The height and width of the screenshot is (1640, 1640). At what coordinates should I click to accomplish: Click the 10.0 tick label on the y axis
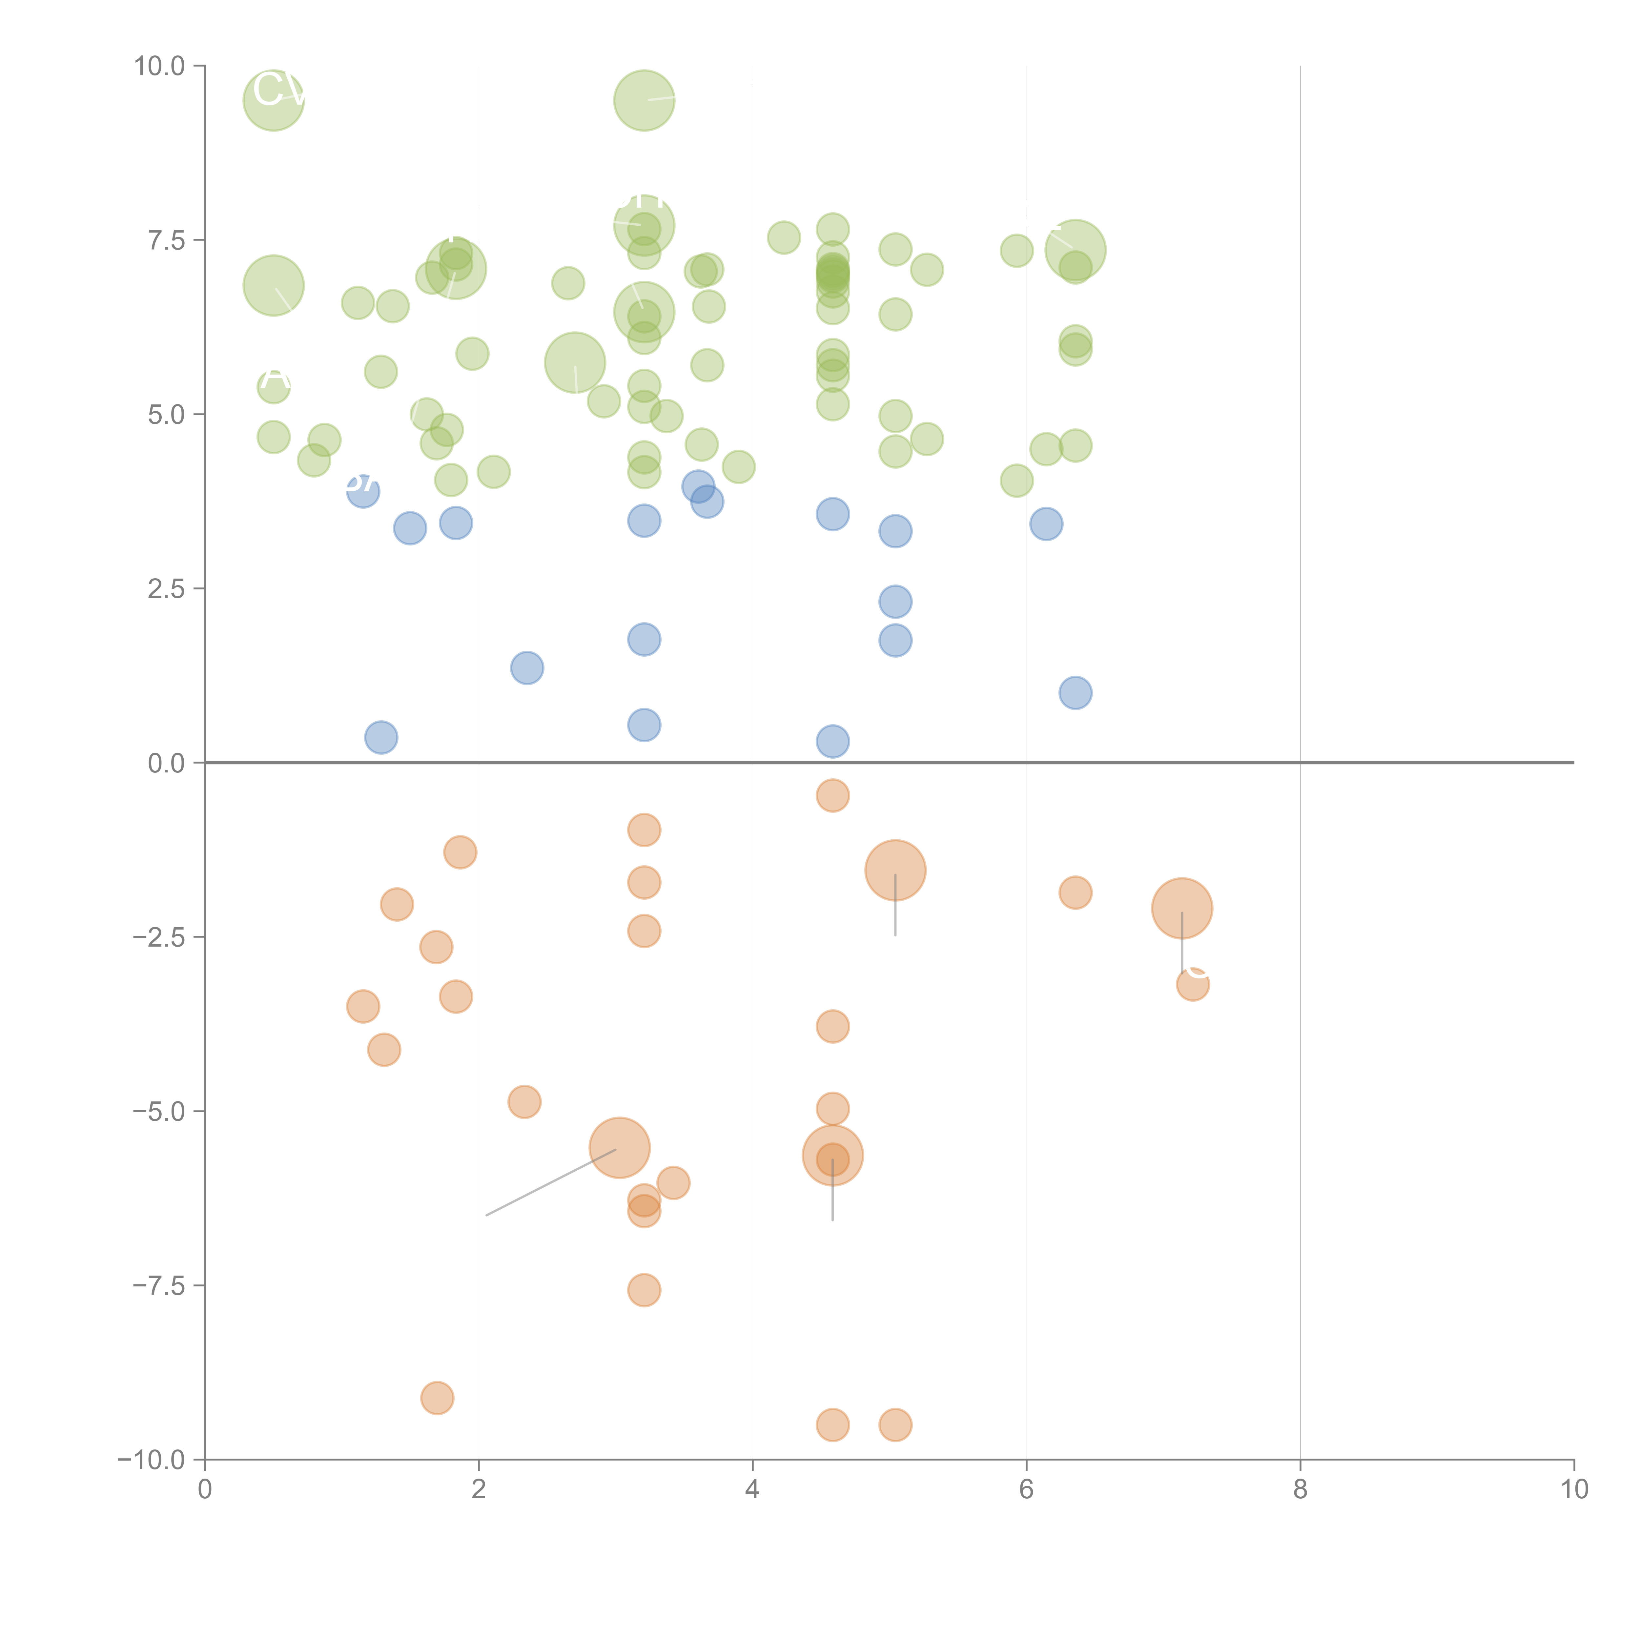point(160,66)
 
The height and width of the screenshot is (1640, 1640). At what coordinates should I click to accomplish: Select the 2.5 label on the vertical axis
point(166,589)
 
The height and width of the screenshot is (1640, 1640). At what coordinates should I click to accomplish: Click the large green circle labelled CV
point(273,100)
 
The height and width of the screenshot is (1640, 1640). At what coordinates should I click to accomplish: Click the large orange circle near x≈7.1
point(1181,908)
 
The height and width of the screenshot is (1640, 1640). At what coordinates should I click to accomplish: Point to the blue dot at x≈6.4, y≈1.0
point(1076,693)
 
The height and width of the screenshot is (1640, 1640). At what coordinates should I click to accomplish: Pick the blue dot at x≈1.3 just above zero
point(381,737)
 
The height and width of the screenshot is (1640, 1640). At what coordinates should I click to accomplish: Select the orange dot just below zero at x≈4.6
point(833,795)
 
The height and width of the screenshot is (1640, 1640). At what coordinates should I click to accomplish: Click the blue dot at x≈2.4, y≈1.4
point(527,668)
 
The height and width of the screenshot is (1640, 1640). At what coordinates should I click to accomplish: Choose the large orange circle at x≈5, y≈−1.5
point(895,870)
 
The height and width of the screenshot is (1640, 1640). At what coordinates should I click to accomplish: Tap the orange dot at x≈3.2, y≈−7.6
point(644,1290)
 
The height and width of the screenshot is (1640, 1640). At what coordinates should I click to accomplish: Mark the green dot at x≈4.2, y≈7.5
point(784,238)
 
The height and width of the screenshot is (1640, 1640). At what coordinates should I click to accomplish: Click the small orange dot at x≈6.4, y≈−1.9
point(1076,892)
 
